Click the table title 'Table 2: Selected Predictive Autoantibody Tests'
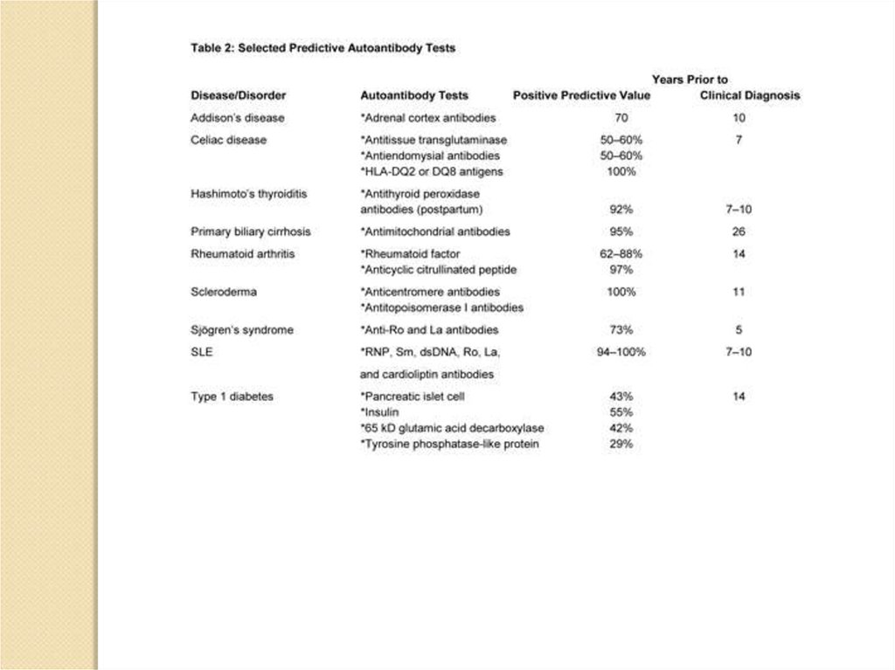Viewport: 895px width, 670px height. coord(323,49)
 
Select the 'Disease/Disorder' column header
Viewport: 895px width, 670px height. coord(238,95)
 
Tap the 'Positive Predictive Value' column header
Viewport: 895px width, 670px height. coord(581,95)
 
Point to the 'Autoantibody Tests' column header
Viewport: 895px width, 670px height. coord(414,95)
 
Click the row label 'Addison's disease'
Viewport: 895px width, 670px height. coord(237,117)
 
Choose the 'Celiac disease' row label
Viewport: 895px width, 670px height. coord(228,139)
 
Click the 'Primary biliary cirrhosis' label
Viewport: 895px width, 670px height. coord(251,231)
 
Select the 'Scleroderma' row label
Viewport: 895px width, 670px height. coord(223,292)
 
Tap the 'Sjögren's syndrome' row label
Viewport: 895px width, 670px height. coord(242,330)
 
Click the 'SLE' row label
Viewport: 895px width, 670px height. coord(202,352)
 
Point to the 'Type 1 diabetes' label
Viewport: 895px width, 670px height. coord(232,396)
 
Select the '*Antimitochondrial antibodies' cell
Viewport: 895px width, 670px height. coord(434,231)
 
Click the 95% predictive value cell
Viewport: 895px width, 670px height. coord(621,231)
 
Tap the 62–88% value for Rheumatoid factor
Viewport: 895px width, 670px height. coord(621,253)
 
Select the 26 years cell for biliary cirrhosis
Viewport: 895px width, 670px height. coord(739,231)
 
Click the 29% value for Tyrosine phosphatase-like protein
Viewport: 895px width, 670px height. coord(621,444)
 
